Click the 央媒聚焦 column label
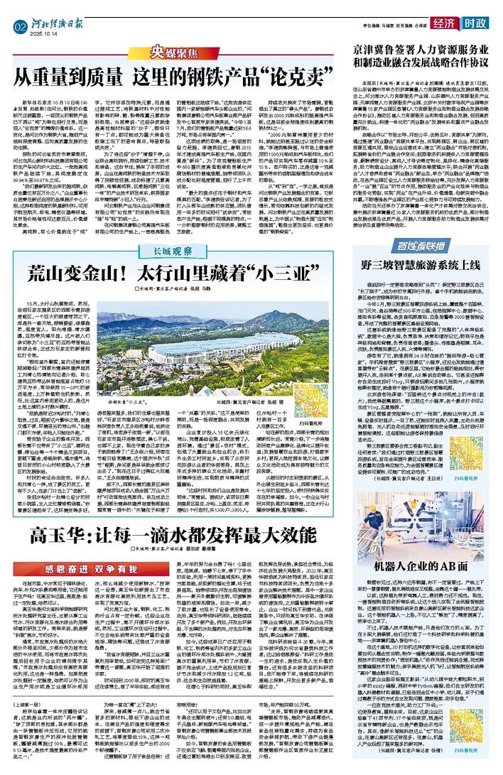167,53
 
